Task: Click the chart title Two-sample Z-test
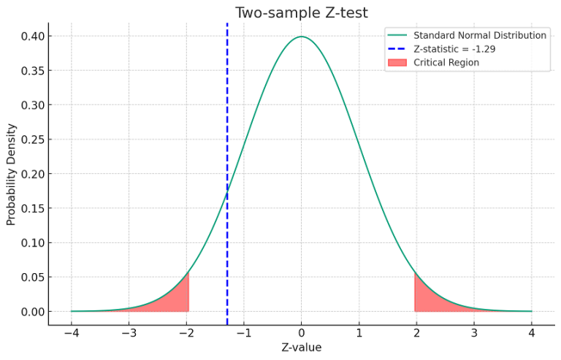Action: (x=301, y=12)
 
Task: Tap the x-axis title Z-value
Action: (x=301, y=347)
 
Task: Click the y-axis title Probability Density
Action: (x=11, y=174)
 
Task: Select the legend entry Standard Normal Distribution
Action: (x=479, y=35)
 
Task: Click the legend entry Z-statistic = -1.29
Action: (x=459, y=49)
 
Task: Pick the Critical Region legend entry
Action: (x=446, y=63)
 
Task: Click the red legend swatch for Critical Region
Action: (x=397, y=63)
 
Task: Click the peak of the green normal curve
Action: (x=301, y=37)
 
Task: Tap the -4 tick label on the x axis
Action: (x=71, y=333)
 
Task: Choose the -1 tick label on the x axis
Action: (x=243, y=333)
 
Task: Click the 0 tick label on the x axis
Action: (x=301, y=333)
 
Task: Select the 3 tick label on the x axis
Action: (x=474, y=333)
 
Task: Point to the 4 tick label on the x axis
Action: (x=532, y=333)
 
